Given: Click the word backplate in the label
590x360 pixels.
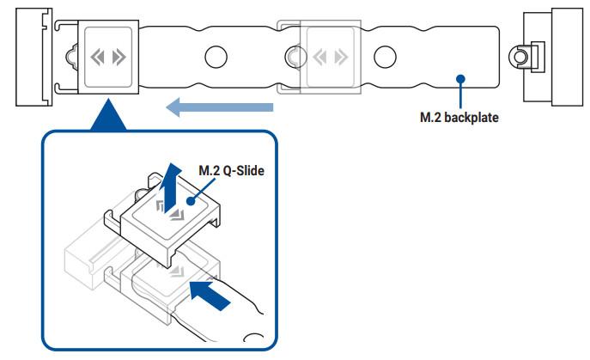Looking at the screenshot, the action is (x=471, y=117).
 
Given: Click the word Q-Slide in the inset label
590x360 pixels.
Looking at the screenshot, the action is (x=243, y=171).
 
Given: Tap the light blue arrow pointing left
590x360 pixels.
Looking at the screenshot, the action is (x=219, y=107).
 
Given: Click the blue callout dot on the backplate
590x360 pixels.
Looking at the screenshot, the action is (x=460, y=79).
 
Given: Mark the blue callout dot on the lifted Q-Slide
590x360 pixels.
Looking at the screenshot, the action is (x=192, y=201).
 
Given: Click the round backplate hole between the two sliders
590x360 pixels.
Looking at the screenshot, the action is (x=216, y=57).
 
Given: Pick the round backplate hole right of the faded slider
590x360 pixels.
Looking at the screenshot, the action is (x=385, y=57).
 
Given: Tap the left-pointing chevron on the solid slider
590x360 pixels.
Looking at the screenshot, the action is (x=97, y=58).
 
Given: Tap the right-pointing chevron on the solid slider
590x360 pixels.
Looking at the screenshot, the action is (x=119, y=58).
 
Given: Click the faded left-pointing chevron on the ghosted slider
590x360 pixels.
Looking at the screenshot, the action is (x=319, y=58).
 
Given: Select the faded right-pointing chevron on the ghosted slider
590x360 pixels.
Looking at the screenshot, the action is (x=341, y=58).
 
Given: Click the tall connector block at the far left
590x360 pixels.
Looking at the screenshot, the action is (x=33, y=57).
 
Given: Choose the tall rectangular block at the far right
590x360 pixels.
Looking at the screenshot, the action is (x=568, y=57).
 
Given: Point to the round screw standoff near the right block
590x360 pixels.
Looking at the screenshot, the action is (x=520, y=58).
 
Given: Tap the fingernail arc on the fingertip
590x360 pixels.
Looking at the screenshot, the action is (x=254, y=337).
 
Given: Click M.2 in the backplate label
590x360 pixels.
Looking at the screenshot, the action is (x=430, y=117).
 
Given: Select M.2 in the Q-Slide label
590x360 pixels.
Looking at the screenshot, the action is (x=210, y=171).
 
